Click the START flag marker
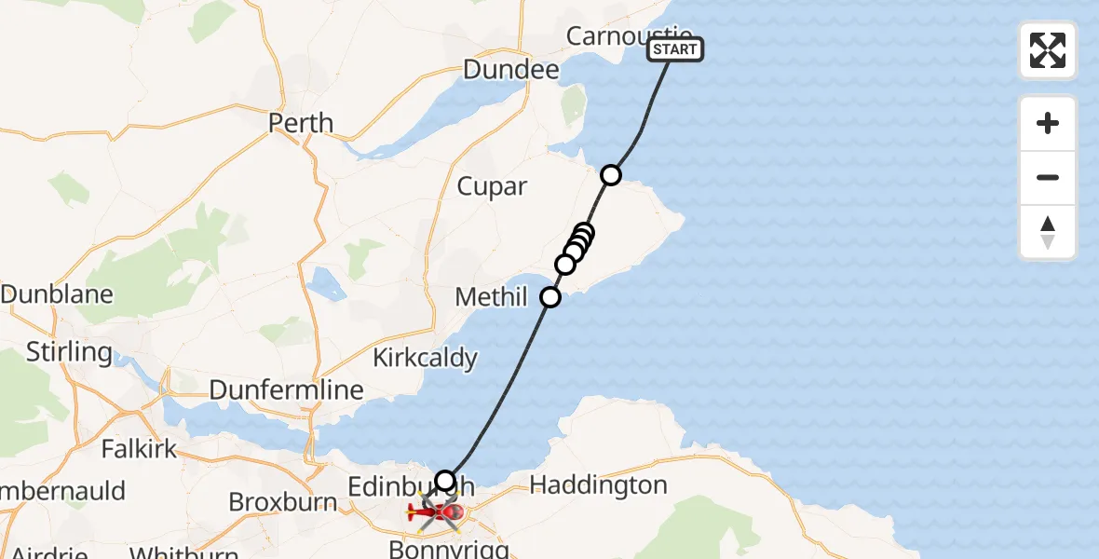click(x=675, y=49)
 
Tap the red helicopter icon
click(x=436, y=511)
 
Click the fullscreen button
click(x=1048, y=50)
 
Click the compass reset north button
click(x=1048, y=232)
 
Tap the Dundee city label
click(x=510, y=70)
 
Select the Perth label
click(x=301, y=123)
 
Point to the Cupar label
click(x=492, y=186)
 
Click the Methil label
click(x=491, y=298)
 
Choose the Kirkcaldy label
click(x=425, y=357)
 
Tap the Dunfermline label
click(x=286, y=389)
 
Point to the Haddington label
click(x=598, y=484)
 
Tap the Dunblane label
click(x=57, y=294)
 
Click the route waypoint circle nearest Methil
click(x=550, y=297)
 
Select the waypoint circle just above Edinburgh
click(x=445, y=481)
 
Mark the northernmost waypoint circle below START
click(x=611, y=174)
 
